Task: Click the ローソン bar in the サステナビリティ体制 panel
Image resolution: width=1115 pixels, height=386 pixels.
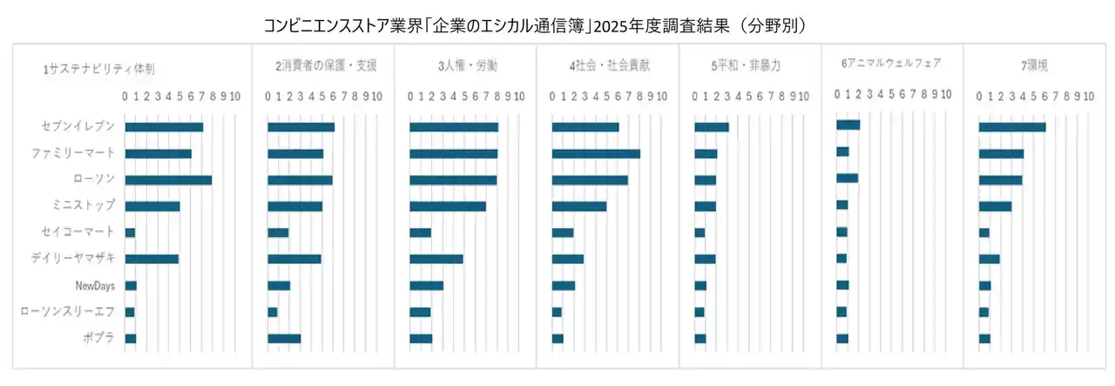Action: [168, 180]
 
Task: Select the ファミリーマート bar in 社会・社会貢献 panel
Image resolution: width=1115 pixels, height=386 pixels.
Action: [596, 154]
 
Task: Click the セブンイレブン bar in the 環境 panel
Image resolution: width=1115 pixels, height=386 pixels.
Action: [1011, 127]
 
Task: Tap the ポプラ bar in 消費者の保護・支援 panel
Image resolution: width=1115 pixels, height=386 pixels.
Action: [284, 338]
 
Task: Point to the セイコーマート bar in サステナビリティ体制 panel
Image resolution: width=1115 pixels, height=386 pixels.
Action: [130, 233]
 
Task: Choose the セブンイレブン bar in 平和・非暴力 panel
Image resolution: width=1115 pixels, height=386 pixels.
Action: [711, 127]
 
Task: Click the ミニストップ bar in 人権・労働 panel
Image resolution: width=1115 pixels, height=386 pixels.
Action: [448, 207]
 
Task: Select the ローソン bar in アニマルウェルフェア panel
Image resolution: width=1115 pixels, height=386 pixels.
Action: [847, 179]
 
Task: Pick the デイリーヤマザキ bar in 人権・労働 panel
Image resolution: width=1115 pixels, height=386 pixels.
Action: [436, 259]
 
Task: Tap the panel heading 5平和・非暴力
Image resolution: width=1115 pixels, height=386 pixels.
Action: [746, 65]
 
